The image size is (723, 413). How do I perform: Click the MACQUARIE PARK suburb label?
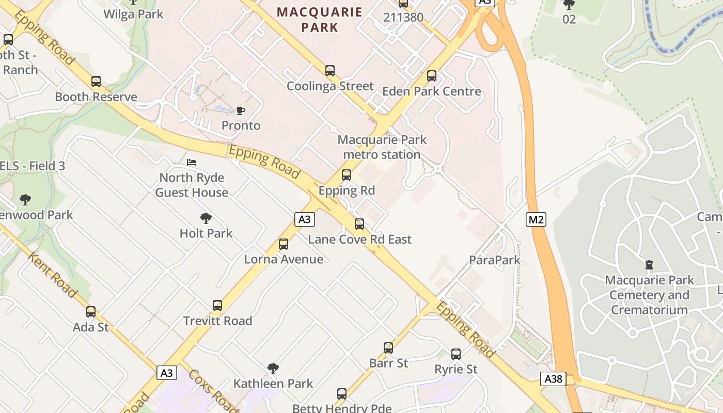pos(320,19)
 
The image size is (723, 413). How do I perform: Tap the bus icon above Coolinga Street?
pos(330,71)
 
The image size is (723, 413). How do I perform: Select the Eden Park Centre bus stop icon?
pos(432,76)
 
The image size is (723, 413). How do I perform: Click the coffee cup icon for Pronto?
pos(241,110)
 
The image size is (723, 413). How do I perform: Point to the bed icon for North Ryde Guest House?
pos(192,163)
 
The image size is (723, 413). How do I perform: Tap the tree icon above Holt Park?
pos(206,218)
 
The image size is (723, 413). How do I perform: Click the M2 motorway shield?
pos(536,219)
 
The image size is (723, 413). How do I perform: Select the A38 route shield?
pos(554,379)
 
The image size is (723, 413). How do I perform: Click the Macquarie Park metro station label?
pos(382,147)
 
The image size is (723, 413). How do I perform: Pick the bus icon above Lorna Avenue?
pos(284,244)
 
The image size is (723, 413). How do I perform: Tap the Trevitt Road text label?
pos(218,321)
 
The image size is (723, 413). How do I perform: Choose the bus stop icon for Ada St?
pos(91,312)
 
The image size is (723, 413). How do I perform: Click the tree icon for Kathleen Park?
pos(273,369)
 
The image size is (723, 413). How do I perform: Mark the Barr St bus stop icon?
pos(388,348)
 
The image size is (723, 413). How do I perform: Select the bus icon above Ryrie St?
pos(456,354)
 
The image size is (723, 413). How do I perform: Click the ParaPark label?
pos(495,260)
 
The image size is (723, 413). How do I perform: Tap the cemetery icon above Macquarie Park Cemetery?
pos(649,265)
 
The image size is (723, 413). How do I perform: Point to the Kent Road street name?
pos(52,275)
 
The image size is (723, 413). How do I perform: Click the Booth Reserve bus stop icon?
pos(96,82)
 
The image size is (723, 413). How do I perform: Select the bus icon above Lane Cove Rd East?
pos(359,224)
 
